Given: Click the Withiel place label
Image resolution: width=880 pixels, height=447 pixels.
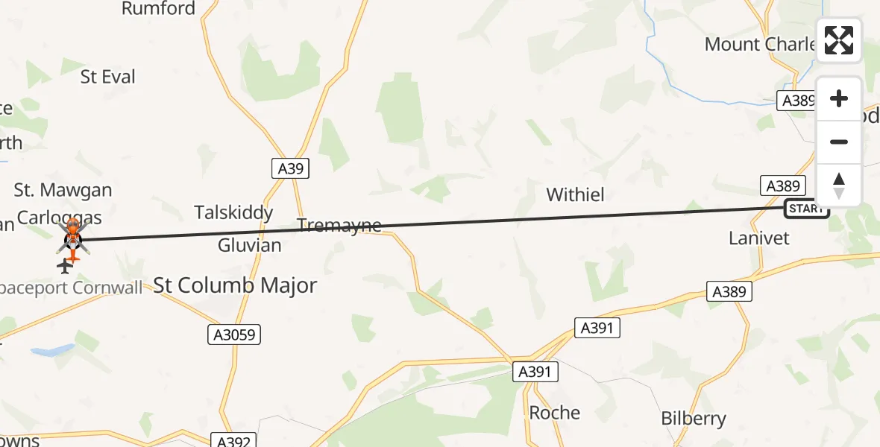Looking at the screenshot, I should pyautogui.click(x=575, y=195).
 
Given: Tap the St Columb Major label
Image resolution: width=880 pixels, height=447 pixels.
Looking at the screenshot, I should pyautogui.click(x=235, y=285).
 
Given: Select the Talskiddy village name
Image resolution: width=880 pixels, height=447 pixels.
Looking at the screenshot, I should pyautogui.click(x=233, y=213).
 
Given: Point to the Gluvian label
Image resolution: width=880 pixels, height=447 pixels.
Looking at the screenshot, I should pyautogui.click(x=249, y=245).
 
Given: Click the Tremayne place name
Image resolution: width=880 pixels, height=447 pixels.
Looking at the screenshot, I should pyautogui.click(x=339, y=225).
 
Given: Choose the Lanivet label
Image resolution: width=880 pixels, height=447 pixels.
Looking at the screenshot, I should pyautogui.click(x=758, y=238).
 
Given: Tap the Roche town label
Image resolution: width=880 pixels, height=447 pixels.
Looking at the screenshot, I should pyautogui.click(x=554, y=413).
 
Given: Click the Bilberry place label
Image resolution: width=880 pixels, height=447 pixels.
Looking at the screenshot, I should pyautogui.click(x=694, y=419).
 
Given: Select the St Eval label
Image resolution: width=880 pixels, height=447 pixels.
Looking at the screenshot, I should pyautogui.click(x=108, y=77).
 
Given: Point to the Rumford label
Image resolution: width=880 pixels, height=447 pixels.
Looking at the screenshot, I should pyautogui.click(x=158, y=9).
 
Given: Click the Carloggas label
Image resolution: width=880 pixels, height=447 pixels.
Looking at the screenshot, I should pyautogui.click(x=59, y=218).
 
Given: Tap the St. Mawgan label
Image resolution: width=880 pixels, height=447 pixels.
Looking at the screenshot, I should pyautogui.click(x=63, y=191).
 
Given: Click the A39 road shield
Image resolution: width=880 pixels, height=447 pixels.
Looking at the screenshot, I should pyautogui.click(x=290, y=169).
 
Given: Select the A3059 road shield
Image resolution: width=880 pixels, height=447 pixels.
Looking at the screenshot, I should pyautogui.click(x=234, y=335).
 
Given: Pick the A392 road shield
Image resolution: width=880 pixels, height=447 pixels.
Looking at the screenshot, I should pyautogui.click(x=234, y=441).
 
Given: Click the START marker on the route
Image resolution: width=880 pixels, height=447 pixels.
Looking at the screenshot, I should pyautogui.click(x=806, y=209).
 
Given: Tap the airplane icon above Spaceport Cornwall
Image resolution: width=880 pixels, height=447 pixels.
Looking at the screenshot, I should pyautogui.click(x=65, y=266).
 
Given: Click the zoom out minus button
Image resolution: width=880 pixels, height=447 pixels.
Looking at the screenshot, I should pyautogui.click(x=839, y=142).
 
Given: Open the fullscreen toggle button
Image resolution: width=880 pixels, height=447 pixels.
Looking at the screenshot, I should pyautogui.click(x=839, y=40).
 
